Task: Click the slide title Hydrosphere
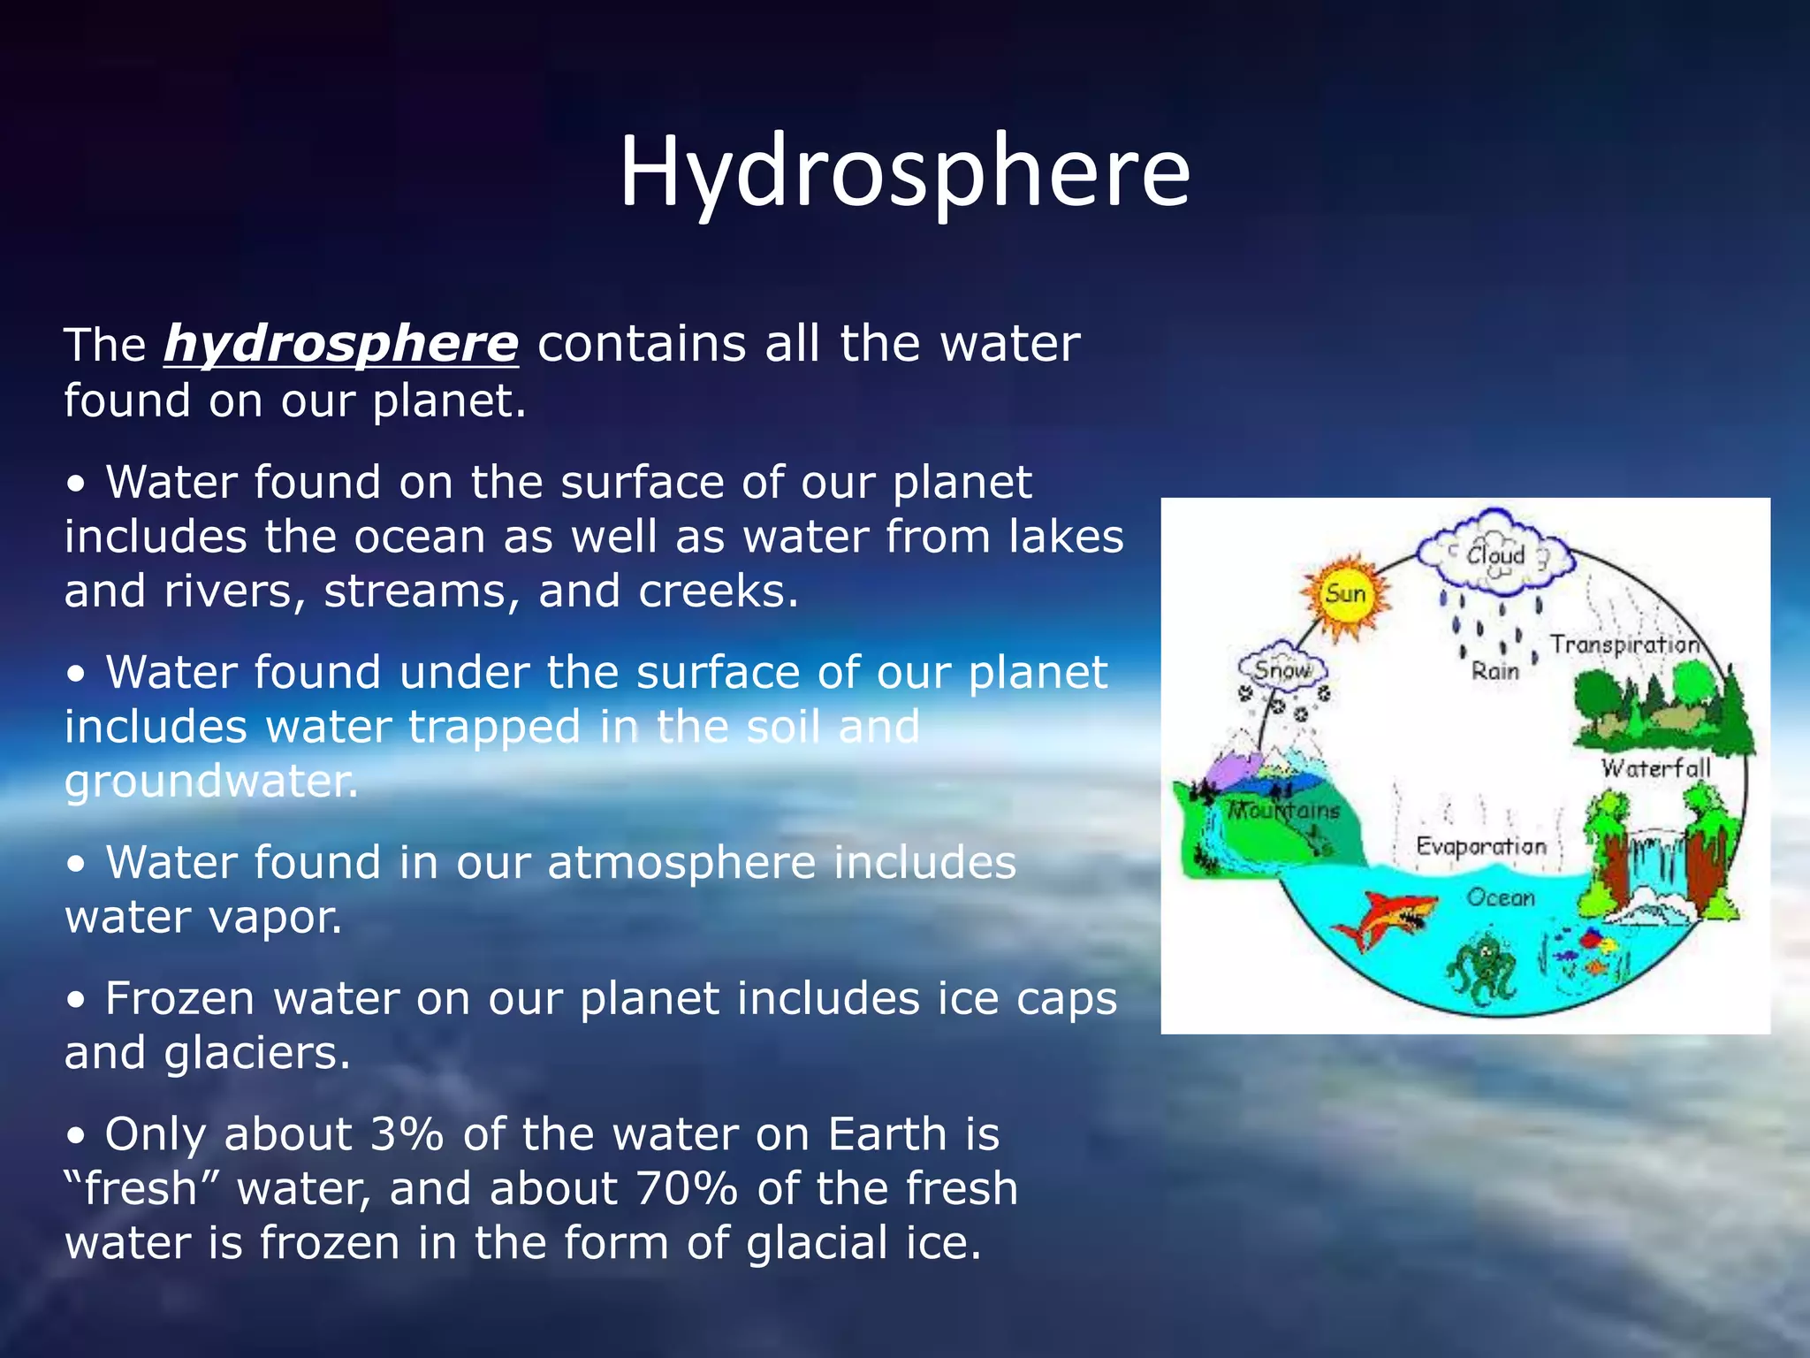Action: (904, 172)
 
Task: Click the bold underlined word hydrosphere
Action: (340, 344)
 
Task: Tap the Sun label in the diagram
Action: (1345, 593)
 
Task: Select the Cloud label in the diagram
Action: (1495, 555)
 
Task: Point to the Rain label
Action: (1494, 671)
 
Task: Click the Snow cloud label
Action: (1282, 670)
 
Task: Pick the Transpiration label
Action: (1624, 645)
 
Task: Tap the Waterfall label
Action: (1655, 768)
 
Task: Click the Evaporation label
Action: (1481, 846)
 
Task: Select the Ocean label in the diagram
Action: (1501, 897)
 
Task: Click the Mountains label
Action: (1284, 810)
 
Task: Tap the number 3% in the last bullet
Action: (407, 1134)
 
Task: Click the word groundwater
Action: (211, 782)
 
